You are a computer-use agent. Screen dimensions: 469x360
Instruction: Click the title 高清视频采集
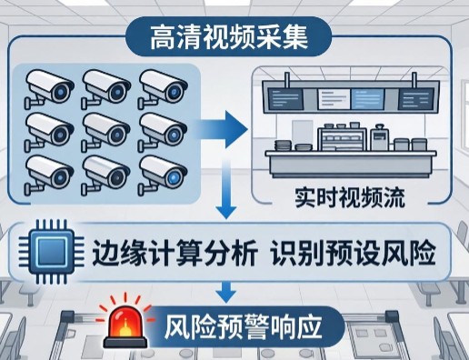coord(229,37)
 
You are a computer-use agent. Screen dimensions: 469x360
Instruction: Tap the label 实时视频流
coord(350,198)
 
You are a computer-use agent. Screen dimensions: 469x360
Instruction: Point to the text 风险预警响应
coord(243,327)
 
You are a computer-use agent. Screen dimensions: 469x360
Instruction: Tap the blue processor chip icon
coord(51,251)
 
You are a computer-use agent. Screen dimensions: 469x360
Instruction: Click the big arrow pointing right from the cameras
coord(221,130)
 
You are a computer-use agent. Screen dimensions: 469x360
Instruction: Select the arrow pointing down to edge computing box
coord(226,189)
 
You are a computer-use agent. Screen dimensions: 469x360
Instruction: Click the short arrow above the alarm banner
coord(226,293)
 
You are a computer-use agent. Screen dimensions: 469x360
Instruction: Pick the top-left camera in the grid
coord(48,88)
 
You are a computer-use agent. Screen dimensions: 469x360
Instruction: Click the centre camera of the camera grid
coord(105,132)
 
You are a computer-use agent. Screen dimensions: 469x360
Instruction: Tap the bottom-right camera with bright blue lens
coord(163,175)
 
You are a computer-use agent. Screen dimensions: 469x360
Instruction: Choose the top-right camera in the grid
coord(163,88)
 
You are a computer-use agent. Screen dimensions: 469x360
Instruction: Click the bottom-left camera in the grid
coord(48,175)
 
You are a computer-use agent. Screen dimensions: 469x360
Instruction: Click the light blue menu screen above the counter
coord(367,99)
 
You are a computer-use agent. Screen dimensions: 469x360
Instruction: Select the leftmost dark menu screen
coord(285,99)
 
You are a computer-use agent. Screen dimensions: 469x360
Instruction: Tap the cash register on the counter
coord(380,137)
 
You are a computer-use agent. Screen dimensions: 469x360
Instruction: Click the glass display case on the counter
coord(344,139)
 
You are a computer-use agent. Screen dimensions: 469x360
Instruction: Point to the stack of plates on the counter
coord(283,145)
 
